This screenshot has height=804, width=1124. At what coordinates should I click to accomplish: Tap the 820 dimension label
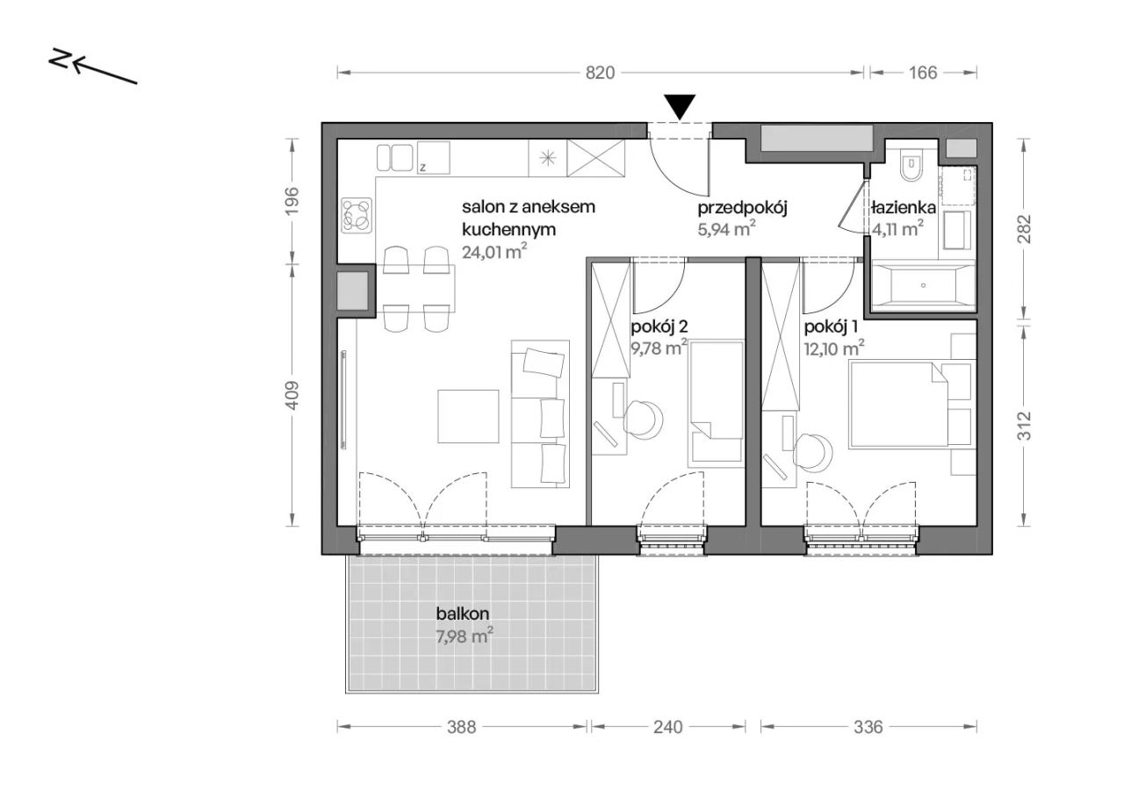[x=600, y=73]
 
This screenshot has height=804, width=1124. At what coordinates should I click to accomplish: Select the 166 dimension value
[x=923, y=73]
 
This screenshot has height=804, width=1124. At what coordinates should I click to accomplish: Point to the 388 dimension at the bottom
[x=461, y=727]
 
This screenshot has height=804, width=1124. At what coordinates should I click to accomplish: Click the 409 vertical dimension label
[x=292, y=395]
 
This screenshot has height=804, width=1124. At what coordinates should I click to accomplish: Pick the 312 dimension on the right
[x=1023, y=426]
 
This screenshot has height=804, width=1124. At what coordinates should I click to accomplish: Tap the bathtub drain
[x=923, y=285]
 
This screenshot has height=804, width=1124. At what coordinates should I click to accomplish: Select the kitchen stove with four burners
[x=357, y=215]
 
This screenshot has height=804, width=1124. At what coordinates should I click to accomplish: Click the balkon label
[x=462, y=614]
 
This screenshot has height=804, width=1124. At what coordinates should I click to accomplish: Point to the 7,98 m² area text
[x=465, y=636]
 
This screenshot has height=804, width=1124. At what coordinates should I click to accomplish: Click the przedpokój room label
[x=742, y=208]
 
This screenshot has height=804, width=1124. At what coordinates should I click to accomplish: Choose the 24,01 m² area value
[x=494, y=251]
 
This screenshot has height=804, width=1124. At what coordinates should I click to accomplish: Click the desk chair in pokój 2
[x=644, y=420]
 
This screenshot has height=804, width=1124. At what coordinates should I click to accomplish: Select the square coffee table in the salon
[x=468, y=416]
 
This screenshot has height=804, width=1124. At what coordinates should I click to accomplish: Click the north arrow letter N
[x=60, y=58]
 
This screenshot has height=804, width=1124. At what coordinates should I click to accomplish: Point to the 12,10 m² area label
[x=834, y=348]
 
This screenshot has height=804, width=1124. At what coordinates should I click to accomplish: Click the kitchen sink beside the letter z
[x=394, y=157]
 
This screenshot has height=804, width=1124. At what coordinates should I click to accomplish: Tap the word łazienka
[x=904, y=208]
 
